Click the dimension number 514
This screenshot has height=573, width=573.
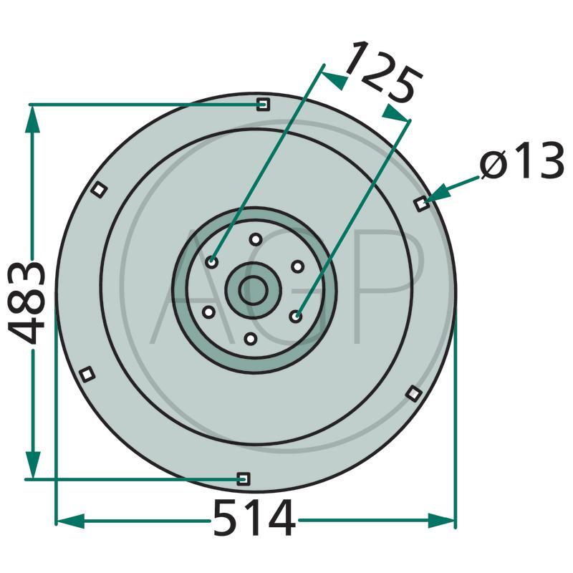tap(254, 518)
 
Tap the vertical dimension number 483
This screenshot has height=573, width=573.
tap(27, 303)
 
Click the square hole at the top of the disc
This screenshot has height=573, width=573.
tap(263, 104)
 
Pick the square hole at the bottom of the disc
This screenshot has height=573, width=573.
tap(244, 478)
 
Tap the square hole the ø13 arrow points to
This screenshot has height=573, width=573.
tap(422, 204)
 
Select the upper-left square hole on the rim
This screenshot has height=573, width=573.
tap(99, 190)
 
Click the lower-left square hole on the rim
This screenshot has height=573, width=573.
tap(87, 374)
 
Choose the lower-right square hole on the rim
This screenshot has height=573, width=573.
tap(414, 393)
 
